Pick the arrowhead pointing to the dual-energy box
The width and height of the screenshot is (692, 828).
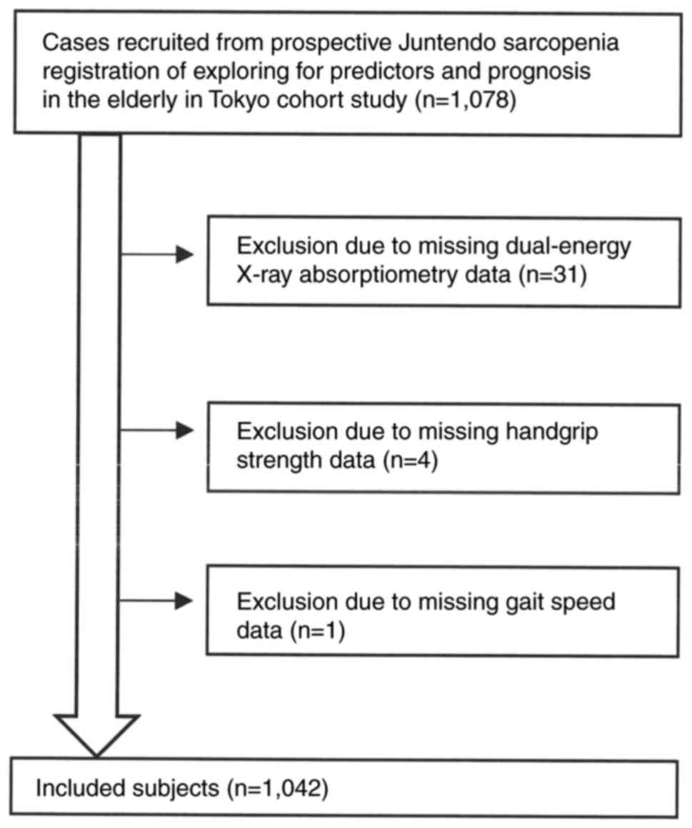point(185,253)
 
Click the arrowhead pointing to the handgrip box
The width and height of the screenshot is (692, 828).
point(185,430)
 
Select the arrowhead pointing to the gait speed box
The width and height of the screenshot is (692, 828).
point(185,600)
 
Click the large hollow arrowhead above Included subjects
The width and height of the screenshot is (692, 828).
point(97,729)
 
